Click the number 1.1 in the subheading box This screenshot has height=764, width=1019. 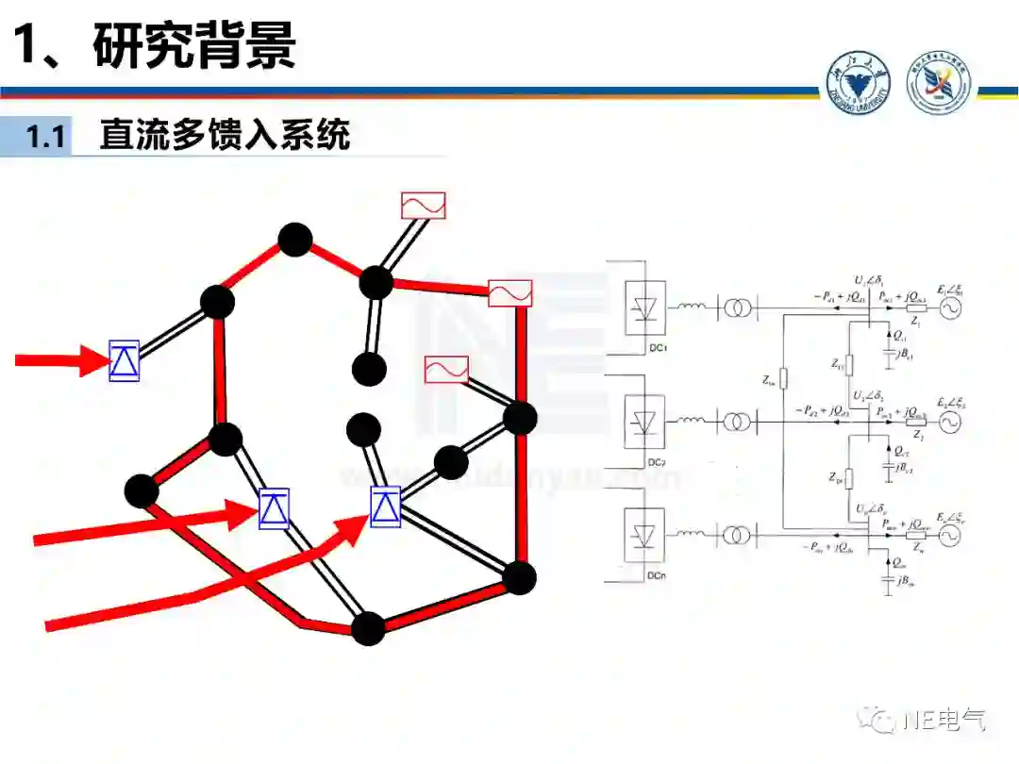(45, 137)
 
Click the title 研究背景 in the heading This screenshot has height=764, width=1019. (194, 45)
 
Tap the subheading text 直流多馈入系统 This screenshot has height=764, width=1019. (225, 135)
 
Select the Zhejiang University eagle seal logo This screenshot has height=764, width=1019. (860, 84)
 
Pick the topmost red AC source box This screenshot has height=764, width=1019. (423, 206)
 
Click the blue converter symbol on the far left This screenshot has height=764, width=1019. (124, 360)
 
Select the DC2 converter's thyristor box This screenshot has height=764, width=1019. (645, 422)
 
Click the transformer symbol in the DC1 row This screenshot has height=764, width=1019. (737, 307)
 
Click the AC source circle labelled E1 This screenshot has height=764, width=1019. (947, 308)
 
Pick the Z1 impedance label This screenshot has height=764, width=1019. (916, 323)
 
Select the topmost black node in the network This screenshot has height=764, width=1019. (295, 240)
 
